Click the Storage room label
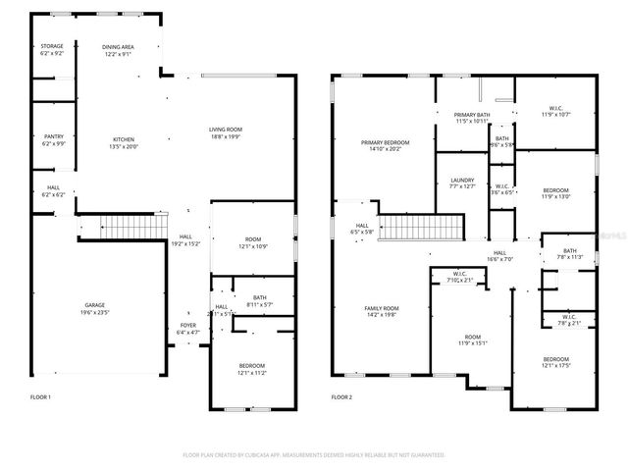pos(52,46)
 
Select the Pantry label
pos(54,136)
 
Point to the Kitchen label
pos(124,139)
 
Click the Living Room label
pos(225,130)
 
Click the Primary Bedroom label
pos(385,142)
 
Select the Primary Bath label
pos(472,115)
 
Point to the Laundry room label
pos(462,180)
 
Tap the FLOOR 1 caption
pos(40,397)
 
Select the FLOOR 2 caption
pos(341,397)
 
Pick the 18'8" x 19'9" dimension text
pos(225,136)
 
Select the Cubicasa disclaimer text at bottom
pos(314,455)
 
